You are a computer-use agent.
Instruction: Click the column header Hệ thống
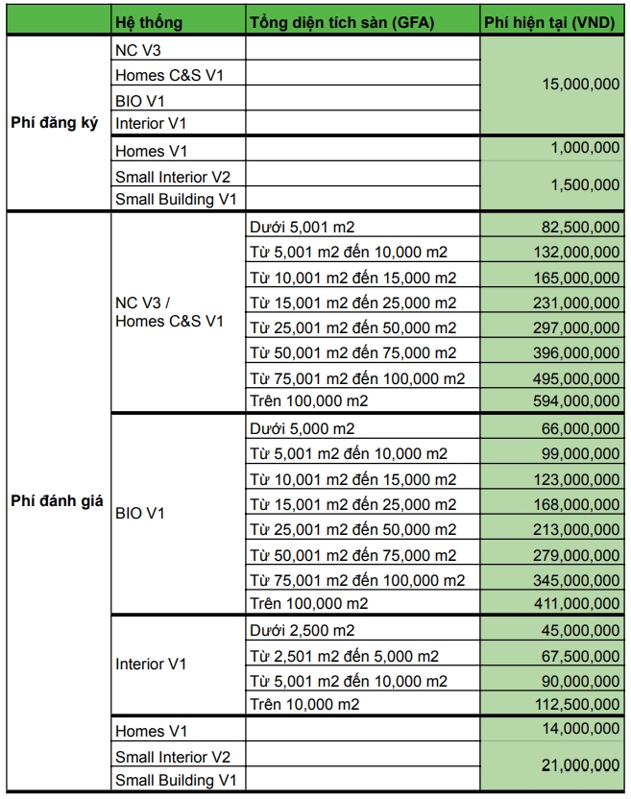click(x=148, y=22)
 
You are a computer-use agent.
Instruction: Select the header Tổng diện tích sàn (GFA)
click(x=341, y=22)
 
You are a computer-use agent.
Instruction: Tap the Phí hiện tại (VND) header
click(x=551, y=22)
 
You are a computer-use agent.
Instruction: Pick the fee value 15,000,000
click(x=581, y=85)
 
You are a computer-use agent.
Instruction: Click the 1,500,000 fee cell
click(x=586, y=186)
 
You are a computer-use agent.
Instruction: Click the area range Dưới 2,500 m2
click(x=303, y=630)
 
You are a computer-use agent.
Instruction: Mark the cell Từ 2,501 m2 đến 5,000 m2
click(x=344, y=655)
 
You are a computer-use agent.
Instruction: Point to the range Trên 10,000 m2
click(x=304, y=705)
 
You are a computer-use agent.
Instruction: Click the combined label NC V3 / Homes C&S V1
click(x=169, y=312)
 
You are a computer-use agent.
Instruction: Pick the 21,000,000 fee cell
click(x=581, y=764)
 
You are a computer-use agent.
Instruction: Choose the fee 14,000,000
click(x=581, y=730)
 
